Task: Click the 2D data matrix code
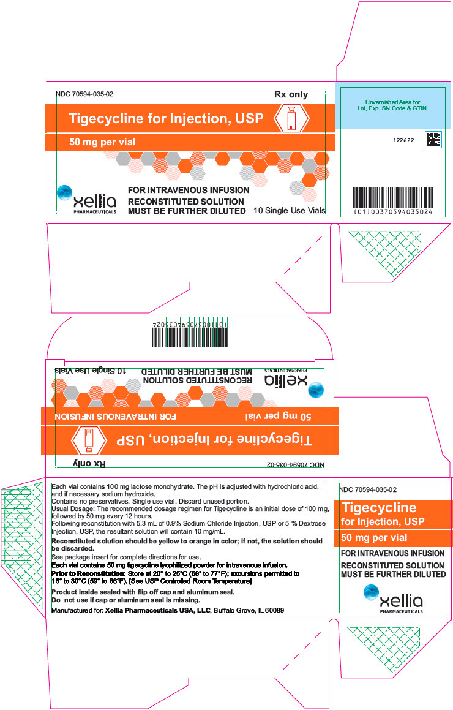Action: [x=433, y=140]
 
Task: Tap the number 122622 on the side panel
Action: [x=403, y=140]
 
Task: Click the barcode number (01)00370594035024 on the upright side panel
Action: [x=393, y=211]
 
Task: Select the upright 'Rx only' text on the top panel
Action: [x=291, y=94]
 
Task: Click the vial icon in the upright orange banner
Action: [x=291, y=119]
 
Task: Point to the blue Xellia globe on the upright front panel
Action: [x=65, y=193]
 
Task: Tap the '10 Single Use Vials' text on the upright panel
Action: [x=289, y=210]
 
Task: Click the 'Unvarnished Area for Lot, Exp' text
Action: [x=392, y=105]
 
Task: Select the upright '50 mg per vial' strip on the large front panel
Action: [x=190, y=142]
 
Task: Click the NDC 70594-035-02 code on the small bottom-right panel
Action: [x=368, y=489]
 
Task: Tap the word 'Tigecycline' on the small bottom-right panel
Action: [x=379, y=508]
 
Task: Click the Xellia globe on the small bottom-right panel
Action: [x=371, y=592]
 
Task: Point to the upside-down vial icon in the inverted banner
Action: [x=89, y=440]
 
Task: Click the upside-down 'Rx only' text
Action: [x=89, y=464]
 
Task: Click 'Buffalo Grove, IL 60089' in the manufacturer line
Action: [x=249, y=610]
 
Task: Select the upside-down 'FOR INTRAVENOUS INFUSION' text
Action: [x=116, y=416]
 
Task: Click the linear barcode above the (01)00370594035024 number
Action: [x=393, y=197]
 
